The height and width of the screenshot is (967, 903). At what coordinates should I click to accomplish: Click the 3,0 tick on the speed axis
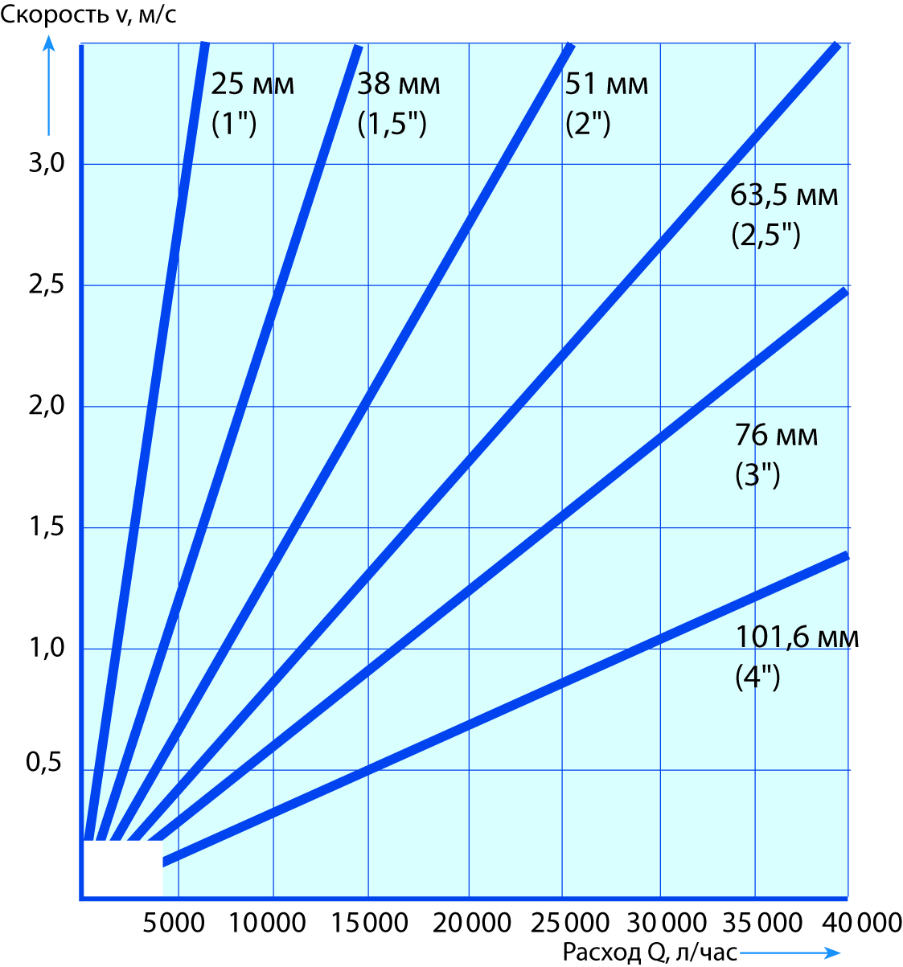pos(46,164)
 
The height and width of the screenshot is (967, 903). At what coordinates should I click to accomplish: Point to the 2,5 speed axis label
pos(46,285)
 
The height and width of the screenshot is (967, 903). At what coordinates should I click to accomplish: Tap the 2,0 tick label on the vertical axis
pos(46,406)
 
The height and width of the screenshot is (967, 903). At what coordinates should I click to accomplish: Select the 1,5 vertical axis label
pos(46,527)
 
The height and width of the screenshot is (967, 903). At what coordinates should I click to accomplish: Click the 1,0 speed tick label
pos(46,648)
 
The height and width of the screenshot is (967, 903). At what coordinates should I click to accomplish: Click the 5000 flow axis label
pos(174,922)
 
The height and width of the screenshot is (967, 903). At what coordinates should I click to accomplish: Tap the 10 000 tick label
pos(268,922)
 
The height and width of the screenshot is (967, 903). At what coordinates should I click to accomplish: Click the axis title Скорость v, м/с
pos(88,15)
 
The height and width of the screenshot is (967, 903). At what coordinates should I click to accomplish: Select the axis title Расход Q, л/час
pos(650,953)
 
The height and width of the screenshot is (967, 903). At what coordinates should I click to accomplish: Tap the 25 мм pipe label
pos(253,84)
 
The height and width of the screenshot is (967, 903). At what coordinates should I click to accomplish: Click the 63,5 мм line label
pos(784,195)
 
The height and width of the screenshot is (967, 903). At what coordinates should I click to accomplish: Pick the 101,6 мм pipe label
pos(797,637)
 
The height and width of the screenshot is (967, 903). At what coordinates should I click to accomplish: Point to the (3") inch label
pos(757,475)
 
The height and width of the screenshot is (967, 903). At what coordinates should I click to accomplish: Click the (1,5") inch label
pos(392,125)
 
